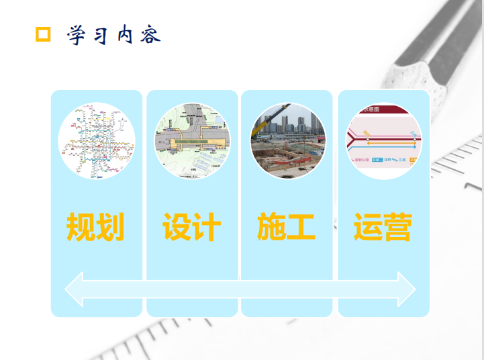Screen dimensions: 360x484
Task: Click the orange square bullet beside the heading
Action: click(x=43, y=34)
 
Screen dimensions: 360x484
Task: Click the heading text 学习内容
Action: click(x=113, y=35)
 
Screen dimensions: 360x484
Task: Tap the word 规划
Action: click(x=95, y=227)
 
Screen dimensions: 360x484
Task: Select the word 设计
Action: click(x=191, y=227)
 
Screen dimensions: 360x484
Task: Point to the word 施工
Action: click(x=287, y=227)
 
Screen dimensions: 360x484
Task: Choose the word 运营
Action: click(x=383, y=227)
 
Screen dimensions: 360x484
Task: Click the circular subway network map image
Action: click(x=97, y=141)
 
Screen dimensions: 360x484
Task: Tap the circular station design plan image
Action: click(x=192, y=141)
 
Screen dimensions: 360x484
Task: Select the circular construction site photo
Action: click(x=288, y=141)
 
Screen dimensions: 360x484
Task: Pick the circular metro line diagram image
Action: click(x=383, y=141)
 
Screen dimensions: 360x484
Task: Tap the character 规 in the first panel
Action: click(x=81, y=227)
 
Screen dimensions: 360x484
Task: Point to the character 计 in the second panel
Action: click(x=206, y=227)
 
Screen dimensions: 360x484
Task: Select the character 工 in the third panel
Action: click(x=302, y=227)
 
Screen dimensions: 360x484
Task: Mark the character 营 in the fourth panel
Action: click(x=397, y=227)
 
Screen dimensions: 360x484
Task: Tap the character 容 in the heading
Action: click(x=151, y=35)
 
